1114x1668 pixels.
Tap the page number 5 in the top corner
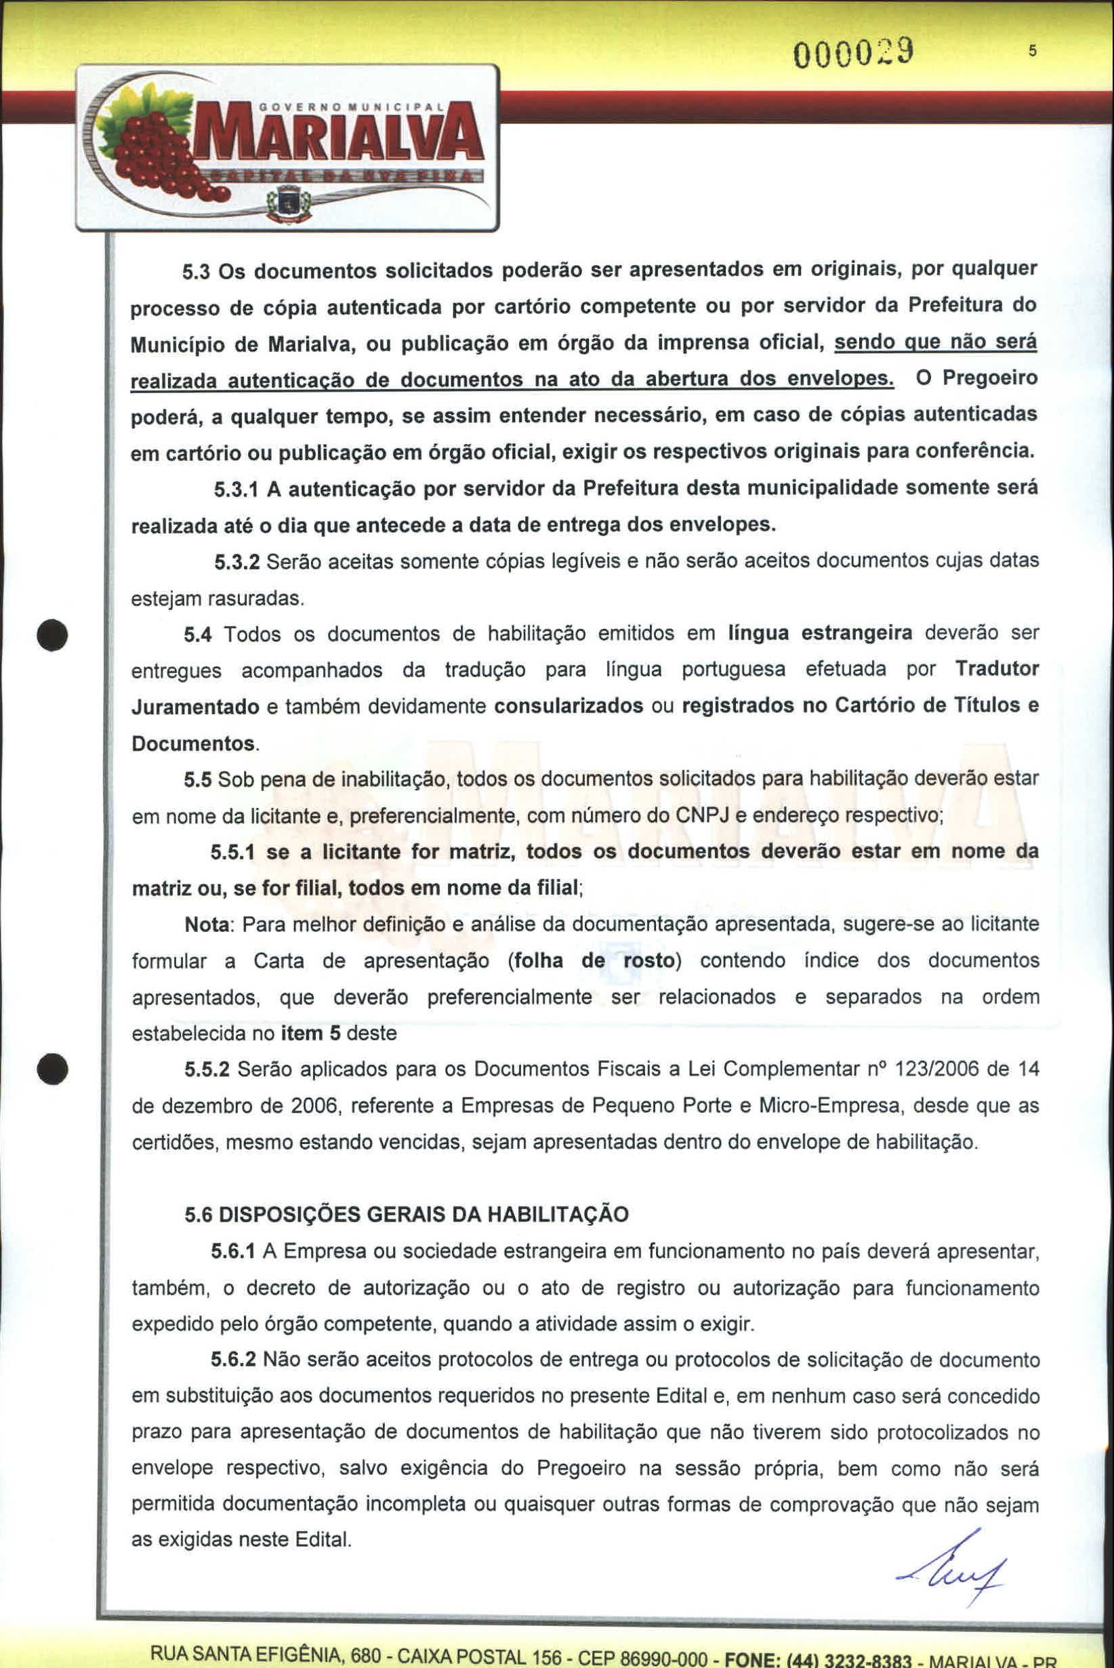click(x=1032, y=51)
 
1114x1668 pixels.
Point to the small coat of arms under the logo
click(x=289, y=203)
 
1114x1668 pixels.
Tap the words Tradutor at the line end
click(x=996, y=669)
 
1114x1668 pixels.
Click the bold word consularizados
click(x=569, y=706)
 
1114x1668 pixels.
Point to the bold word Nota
click(x=207, y=924)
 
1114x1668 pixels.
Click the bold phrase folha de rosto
click(x=594, y=961)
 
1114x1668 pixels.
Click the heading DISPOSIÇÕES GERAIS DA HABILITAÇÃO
click(x=424, y=1215)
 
